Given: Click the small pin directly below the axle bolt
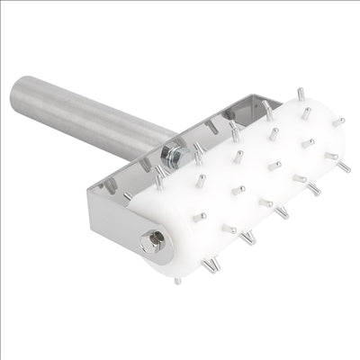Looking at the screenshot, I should point(177,280).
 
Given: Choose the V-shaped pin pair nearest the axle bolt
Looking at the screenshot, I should point(210,264).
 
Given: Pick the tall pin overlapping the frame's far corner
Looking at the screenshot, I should point(267,110).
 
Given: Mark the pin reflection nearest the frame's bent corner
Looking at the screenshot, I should point(110,185).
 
